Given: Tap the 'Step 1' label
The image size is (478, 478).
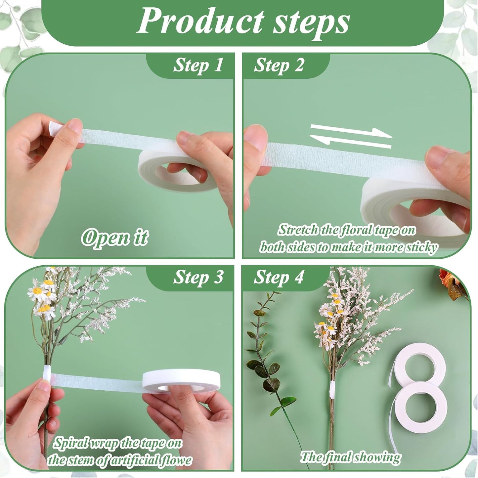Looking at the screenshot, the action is [x=198, y=65].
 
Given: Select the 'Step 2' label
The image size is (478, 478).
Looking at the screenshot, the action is [x=279, y=65].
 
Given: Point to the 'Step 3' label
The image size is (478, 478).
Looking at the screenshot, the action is [x=198, y=277].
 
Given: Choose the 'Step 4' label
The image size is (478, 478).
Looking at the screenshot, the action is [x=279, y=277].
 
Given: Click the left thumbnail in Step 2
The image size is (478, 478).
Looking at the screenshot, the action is [x=257, y=139].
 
